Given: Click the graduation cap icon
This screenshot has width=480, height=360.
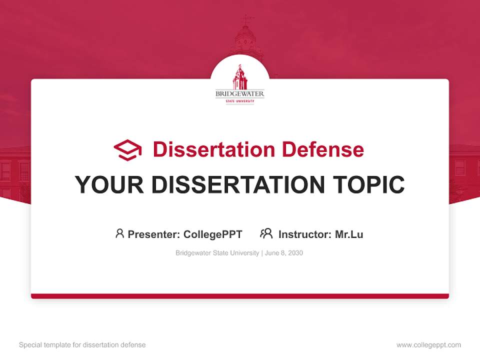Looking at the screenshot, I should [127, 150].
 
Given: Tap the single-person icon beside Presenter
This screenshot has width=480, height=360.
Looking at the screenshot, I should [119, 233].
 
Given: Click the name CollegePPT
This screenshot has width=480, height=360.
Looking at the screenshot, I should [213, 234].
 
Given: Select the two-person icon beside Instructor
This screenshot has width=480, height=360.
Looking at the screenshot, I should [266, 233].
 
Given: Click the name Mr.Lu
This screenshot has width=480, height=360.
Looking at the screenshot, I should [349, 234].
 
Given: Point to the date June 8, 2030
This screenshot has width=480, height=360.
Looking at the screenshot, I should [284, 253].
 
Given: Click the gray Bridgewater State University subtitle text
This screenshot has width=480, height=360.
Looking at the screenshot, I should [217, 253].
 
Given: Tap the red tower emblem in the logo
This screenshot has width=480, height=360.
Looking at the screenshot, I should [240, 77].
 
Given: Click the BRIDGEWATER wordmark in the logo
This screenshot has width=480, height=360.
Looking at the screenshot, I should [240, 93].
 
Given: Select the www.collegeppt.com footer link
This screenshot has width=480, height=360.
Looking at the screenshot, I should [428, 345].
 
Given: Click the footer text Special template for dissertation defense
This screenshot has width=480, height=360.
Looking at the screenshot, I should [82, 345].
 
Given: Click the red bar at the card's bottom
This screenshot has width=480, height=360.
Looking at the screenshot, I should [240, 296].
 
